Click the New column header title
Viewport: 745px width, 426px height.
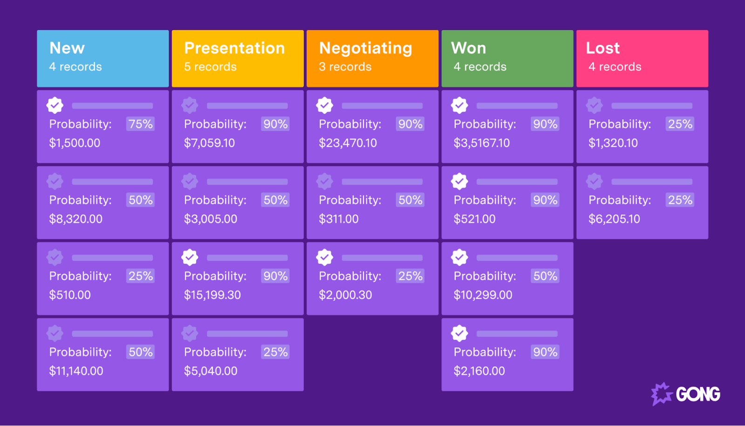(67, 48)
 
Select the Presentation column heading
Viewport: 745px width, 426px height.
(234, 48)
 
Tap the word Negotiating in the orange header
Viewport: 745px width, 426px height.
(366, 48)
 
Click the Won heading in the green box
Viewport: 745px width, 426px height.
(468, 48)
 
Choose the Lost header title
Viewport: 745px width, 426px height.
(603, 48)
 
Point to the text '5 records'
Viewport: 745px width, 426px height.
(210, 67)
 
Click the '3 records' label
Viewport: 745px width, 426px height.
(345, 67)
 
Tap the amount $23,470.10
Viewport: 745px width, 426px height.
(348, 143)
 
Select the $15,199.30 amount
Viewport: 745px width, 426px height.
(212, 295)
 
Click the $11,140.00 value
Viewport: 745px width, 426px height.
(76, 371)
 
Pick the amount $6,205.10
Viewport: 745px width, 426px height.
(614, 219)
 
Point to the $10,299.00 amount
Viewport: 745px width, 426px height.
(483, 295)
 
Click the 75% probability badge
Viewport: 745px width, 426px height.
(141, 124)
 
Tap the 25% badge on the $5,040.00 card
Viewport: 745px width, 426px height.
(275, 352)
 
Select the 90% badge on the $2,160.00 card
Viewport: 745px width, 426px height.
(545, 352)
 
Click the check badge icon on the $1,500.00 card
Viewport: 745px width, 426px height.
(55, 105)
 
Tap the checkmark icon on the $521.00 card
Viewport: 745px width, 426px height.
(459, 181)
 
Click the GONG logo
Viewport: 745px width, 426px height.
(685, 394)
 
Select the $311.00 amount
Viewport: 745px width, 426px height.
(339, 219)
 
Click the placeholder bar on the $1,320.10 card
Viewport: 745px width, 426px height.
(651, 106)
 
